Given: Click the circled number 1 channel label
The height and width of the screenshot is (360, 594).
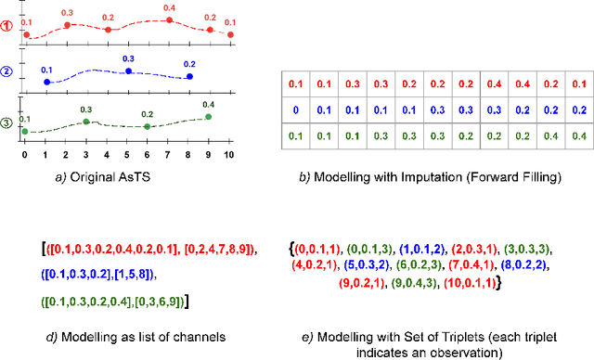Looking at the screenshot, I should pos(7,27).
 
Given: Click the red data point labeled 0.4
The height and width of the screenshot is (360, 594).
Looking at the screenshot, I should pos(168,19).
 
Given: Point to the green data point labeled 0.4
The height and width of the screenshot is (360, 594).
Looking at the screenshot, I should pos(208,117).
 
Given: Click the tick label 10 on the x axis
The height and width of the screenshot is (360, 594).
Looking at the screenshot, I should pos(230,153).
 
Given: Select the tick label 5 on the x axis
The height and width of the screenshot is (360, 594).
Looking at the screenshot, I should pos(127,153).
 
